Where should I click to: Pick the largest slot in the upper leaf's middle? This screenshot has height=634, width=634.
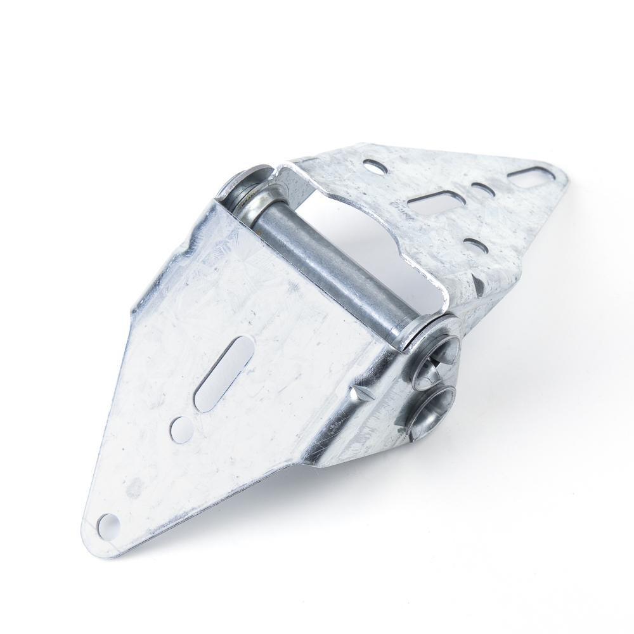436,202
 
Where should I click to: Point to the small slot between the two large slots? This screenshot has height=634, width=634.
480,189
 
